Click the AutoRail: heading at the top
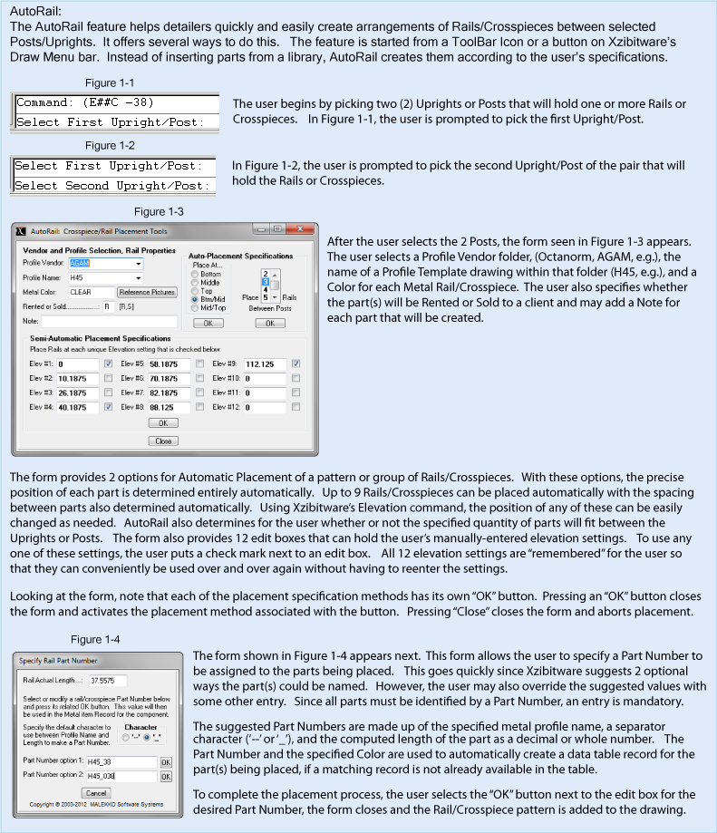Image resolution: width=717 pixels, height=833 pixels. click(x=35, y=12)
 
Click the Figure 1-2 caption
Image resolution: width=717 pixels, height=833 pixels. click(x=109, y=145)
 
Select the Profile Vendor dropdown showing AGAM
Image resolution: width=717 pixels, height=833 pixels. click(x=106, y=264)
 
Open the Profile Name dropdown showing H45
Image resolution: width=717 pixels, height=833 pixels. click(x=106, y=278)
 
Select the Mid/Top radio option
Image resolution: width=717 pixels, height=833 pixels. click(x=193, y=307)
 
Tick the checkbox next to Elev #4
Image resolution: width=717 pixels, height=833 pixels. click(x=108, y=407)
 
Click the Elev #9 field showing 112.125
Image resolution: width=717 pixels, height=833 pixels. click(x=261, y=364)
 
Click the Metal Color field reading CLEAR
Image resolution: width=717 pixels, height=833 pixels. click(x=90, y=293)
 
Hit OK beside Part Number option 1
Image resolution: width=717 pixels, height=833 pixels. click(x=166, y=763)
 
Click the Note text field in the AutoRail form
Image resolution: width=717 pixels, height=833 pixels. click(x=109, y=321)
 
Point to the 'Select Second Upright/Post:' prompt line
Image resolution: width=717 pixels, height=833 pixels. click(x=111, y=185)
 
